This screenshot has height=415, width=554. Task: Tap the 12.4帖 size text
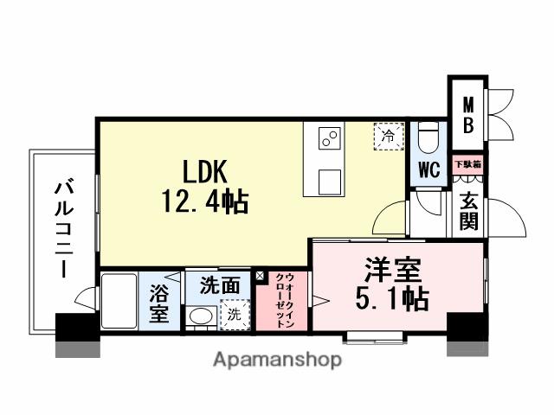(205, 203)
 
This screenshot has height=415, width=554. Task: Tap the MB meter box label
(467, 114)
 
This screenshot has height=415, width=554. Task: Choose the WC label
(429, 169)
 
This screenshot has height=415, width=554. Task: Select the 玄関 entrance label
(468, 211)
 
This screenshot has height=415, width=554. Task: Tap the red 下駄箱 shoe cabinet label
(468, 163)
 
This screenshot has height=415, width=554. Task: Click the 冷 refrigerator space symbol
(389, 135)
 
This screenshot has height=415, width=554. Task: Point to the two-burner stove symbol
(330, 138)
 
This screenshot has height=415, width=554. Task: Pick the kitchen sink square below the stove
(330, 182)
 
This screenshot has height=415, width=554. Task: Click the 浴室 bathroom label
(159, 302)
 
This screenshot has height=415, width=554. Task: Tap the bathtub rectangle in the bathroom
(119, 302)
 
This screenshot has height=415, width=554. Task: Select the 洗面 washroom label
(220, 284)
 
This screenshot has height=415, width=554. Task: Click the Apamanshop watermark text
(277, 360)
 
